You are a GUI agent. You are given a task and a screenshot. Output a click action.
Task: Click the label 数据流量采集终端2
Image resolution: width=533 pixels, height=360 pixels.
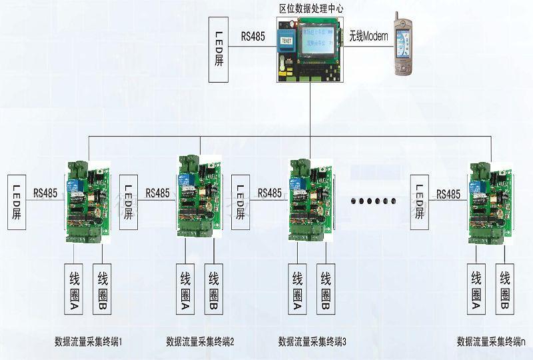tap(201, 342)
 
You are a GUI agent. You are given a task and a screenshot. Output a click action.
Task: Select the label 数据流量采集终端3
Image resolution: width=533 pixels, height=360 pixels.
tap(313, 342)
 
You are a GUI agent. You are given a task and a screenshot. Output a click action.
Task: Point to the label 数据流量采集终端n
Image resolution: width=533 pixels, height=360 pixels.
tap(491, 342)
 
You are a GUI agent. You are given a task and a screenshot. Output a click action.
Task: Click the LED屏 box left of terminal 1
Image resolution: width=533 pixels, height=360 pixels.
tap(17, 202)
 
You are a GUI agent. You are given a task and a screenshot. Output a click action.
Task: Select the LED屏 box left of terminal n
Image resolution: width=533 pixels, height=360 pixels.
tap(420, 202)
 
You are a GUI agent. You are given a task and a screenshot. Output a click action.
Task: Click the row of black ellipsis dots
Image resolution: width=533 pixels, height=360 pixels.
tap(373, 199)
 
